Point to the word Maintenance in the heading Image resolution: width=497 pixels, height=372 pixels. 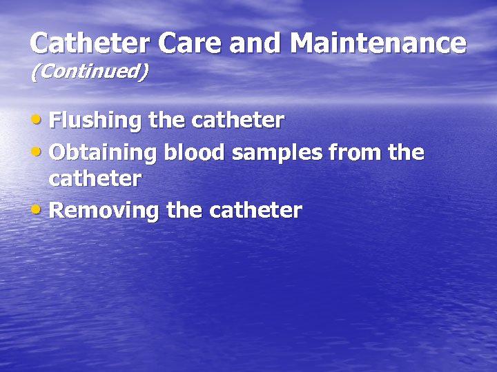pyautogui.click(x=378, y=43)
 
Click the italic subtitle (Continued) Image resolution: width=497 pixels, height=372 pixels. pyautogui.click(x=89, y=72)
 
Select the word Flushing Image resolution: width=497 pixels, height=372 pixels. pyautogui.click(x=96, y=121)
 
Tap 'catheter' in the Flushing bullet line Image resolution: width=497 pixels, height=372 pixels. pyautogui.click(x=238, y=121)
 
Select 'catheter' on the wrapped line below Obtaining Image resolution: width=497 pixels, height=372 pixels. pyautogui.click(x=96, y=179)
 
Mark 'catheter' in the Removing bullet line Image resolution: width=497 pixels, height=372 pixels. pyautogui.click(x=256, y=210)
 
